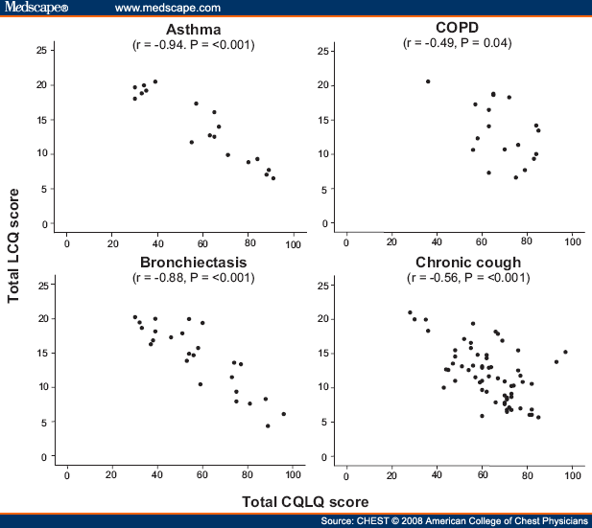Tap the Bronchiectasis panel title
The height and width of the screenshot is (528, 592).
[192, 263]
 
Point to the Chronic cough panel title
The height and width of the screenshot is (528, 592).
[467, 263]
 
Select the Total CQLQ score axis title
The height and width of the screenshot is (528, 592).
[304, 501]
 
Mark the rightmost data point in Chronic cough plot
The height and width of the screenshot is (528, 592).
[565, 352]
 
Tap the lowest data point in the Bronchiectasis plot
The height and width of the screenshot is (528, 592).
[268, 425]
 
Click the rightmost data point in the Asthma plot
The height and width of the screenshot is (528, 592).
[272, 178]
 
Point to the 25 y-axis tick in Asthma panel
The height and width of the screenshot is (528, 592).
[42, 51]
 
